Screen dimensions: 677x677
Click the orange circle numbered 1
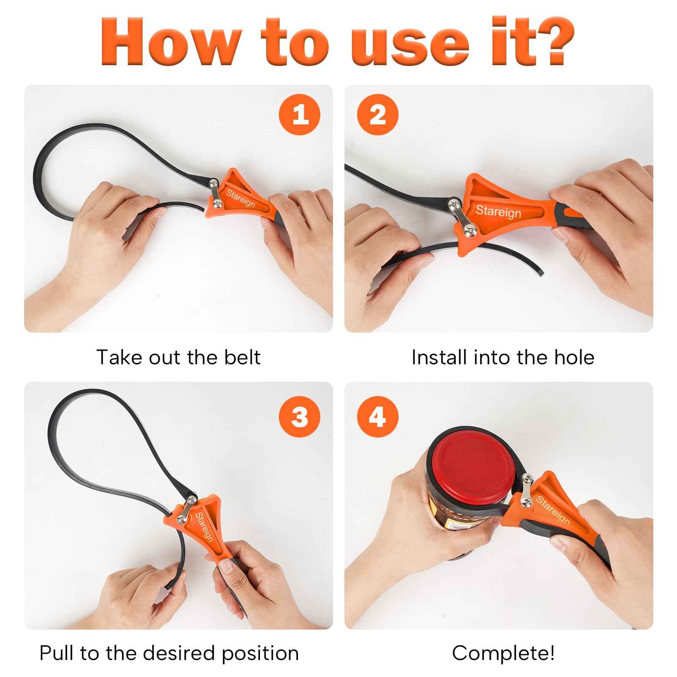(300, 114)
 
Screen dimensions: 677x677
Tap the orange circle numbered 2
(378, 114)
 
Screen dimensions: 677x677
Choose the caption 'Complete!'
(503, 653)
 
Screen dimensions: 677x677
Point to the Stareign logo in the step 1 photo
(241, 198)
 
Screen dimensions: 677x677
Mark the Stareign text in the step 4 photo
(553, 510)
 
